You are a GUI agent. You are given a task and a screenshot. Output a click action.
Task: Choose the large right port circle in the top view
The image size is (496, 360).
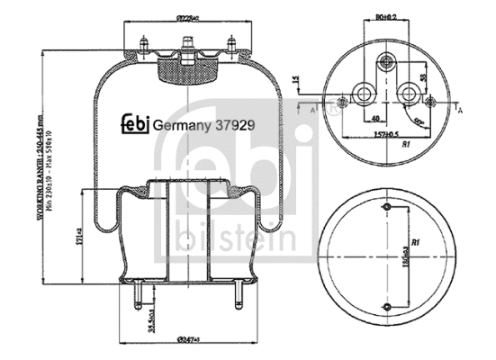point(409,93)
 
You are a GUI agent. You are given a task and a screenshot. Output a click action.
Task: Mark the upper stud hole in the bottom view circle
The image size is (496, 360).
point(387,211)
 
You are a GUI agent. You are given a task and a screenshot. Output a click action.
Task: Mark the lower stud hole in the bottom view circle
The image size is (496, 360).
point(387,309)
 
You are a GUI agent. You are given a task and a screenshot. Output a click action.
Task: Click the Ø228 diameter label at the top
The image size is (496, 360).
point(186,15)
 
